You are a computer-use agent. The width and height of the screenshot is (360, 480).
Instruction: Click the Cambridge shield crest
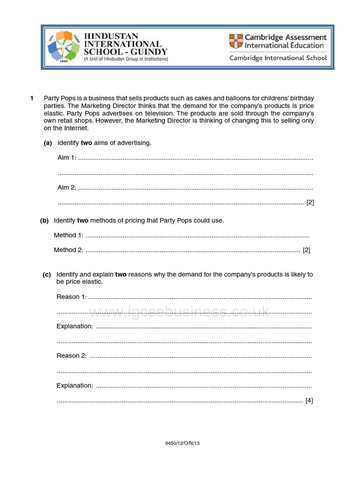click(x=235, y=41)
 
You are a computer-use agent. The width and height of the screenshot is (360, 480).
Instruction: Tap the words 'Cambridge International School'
click(x=278, y=58)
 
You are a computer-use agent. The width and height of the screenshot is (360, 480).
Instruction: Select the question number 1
click(x=32, y=98)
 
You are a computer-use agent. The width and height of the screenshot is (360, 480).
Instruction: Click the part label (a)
click(x=48, y=143)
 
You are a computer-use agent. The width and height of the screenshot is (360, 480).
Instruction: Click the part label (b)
click(x=45, y=220)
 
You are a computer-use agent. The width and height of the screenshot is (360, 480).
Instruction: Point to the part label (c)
click(x=47, y=274)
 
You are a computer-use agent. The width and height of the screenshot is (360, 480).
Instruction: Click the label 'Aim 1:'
click(x=67, y=157)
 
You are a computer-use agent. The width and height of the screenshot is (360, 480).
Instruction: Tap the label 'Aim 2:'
click(x=67, y=187)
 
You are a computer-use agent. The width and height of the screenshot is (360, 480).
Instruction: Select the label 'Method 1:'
click(x=68, y=235)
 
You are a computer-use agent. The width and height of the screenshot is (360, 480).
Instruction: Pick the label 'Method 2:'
click(x=68, y=250)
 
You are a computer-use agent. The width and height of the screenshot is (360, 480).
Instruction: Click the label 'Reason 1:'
click(x=71, y=296)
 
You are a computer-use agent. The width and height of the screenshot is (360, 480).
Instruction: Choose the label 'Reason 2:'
click(x=71, y=355)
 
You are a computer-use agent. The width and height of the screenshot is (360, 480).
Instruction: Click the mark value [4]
click(x=309, y=400)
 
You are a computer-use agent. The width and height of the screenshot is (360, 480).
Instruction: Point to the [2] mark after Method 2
click(x=307, y=250)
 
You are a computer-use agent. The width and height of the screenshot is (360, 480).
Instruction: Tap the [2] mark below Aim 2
click(x=310, y=202)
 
